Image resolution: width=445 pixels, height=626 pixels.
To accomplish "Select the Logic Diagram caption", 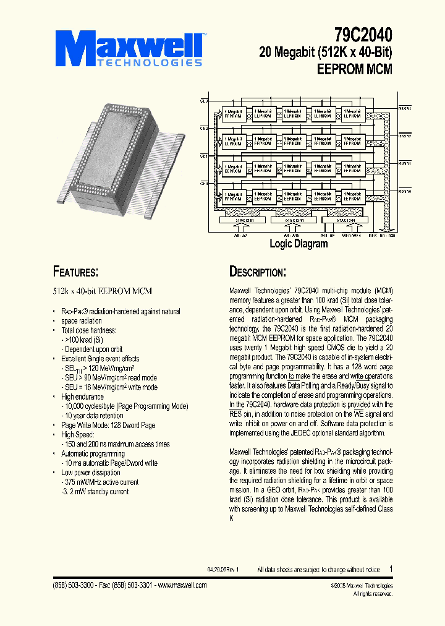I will point(299,244).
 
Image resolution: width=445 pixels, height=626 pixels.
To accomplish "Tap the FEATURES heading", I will point(75,272).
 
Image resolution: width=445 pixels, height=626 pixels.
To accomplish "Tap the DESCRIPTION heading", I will point(258,272).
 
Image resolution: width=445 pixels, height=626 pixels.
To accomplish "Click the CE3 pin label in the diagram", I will point(204,100).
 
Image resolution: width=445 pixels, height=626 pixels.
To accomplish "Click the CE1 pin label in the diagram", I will point(204,156).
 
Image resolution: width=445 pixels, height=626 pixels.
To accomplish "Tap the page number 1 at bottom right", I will point(391,569).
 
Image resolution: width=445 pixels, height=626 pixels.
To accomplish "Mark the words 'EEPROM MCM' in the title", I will point(354,69).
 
